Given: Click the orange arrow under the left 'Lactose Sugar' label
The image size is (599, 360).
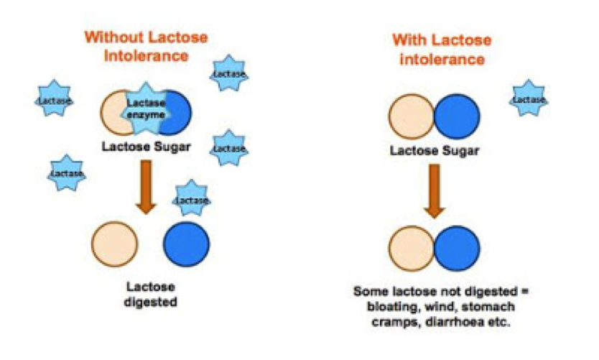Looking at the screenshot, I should [x=147, y=186].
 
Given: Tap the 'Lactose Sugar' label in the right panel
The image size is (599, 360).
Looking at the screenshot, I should [x=434, y=151].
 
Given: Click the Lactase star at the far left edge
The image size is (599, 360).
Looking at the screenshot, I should [x=55, y=101].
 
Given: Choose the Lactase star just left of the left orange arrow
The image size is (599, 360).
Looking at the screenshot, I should [x=67, y=173].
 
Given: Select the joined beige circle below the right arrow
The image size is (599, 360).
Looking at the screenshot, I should [x=412, y=249].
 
